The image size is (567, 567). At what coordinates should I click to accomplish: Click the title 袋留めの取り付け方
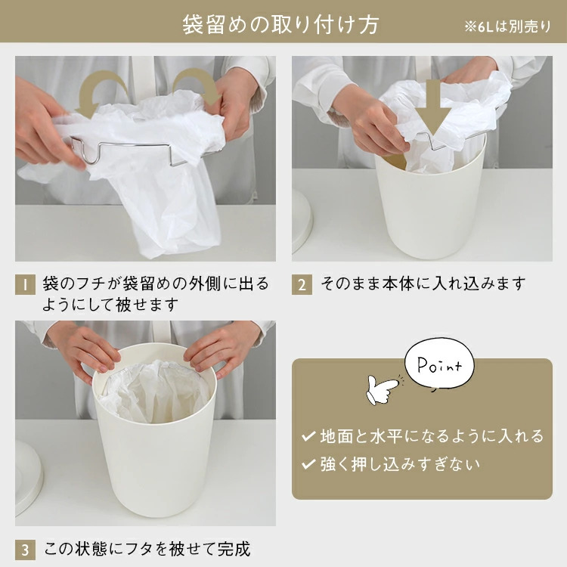point(280,25)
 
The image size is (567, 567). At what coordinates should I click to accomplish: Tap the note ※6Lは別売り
point(508,26)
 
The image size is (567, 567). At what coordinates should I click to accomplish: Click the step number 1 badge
point(25,284)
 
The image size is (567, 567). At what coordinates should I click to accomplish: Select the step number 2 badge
point(302,284)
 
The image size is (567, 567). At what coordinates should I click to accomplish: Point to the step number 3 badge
point(25,550)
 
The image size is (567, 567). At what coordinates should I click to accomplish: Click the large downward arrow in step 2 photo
point(433,107)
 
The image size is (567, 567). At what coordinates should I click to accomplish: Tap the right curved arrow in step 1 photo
point(198,87)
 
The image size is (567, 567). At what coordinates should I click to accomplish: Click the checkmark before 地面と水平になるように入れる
point(308,436)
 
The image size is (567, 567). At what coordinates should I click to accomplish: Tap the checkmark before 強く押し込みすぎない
point(308,464)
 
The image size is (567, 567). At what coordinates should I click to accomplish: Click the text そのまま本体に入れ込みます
point(423,283)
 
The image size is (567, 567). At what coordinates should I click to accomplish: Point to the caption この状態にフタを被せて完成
point(147,549)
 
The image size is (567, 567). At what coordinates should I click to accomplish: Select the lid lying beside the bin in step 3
point(28,478)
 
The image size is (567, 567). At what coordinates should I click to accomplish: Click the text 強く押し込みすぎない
point(400,464)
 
